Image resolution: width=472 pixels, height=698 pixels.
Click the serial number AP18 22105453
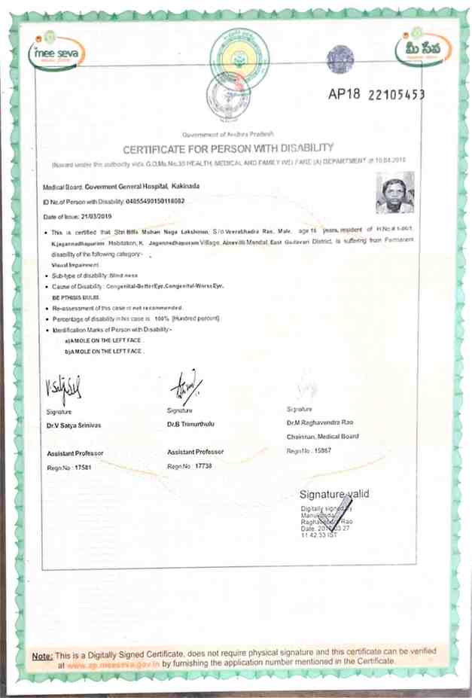pos(376,94)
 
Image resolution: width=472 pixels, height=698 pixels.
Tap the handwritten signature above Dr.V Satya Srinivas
pos(65,390)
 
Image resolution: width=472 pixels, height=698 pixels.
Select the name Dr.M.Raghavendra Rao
pos(322,424)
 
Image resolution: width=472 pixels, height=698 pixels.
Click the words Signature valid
pos(334,494)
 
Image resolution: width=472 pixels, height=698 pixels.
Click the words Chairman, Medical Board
pos(322,437)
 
